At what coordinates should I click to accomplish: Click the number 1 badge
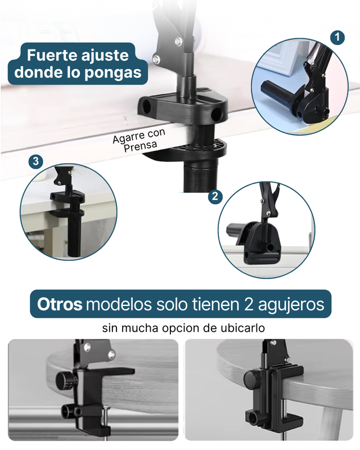point(337,38)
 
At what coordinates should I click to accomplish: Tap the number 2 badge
point(215,196)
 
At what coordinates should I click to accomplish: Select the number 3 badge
point(35,161)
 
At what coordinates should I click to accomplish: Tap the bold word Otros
point(60,304)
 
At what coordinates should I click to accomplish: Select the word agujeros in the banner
point(291,305)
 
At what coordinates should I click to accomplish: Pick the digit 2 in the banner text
point(249,304)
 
